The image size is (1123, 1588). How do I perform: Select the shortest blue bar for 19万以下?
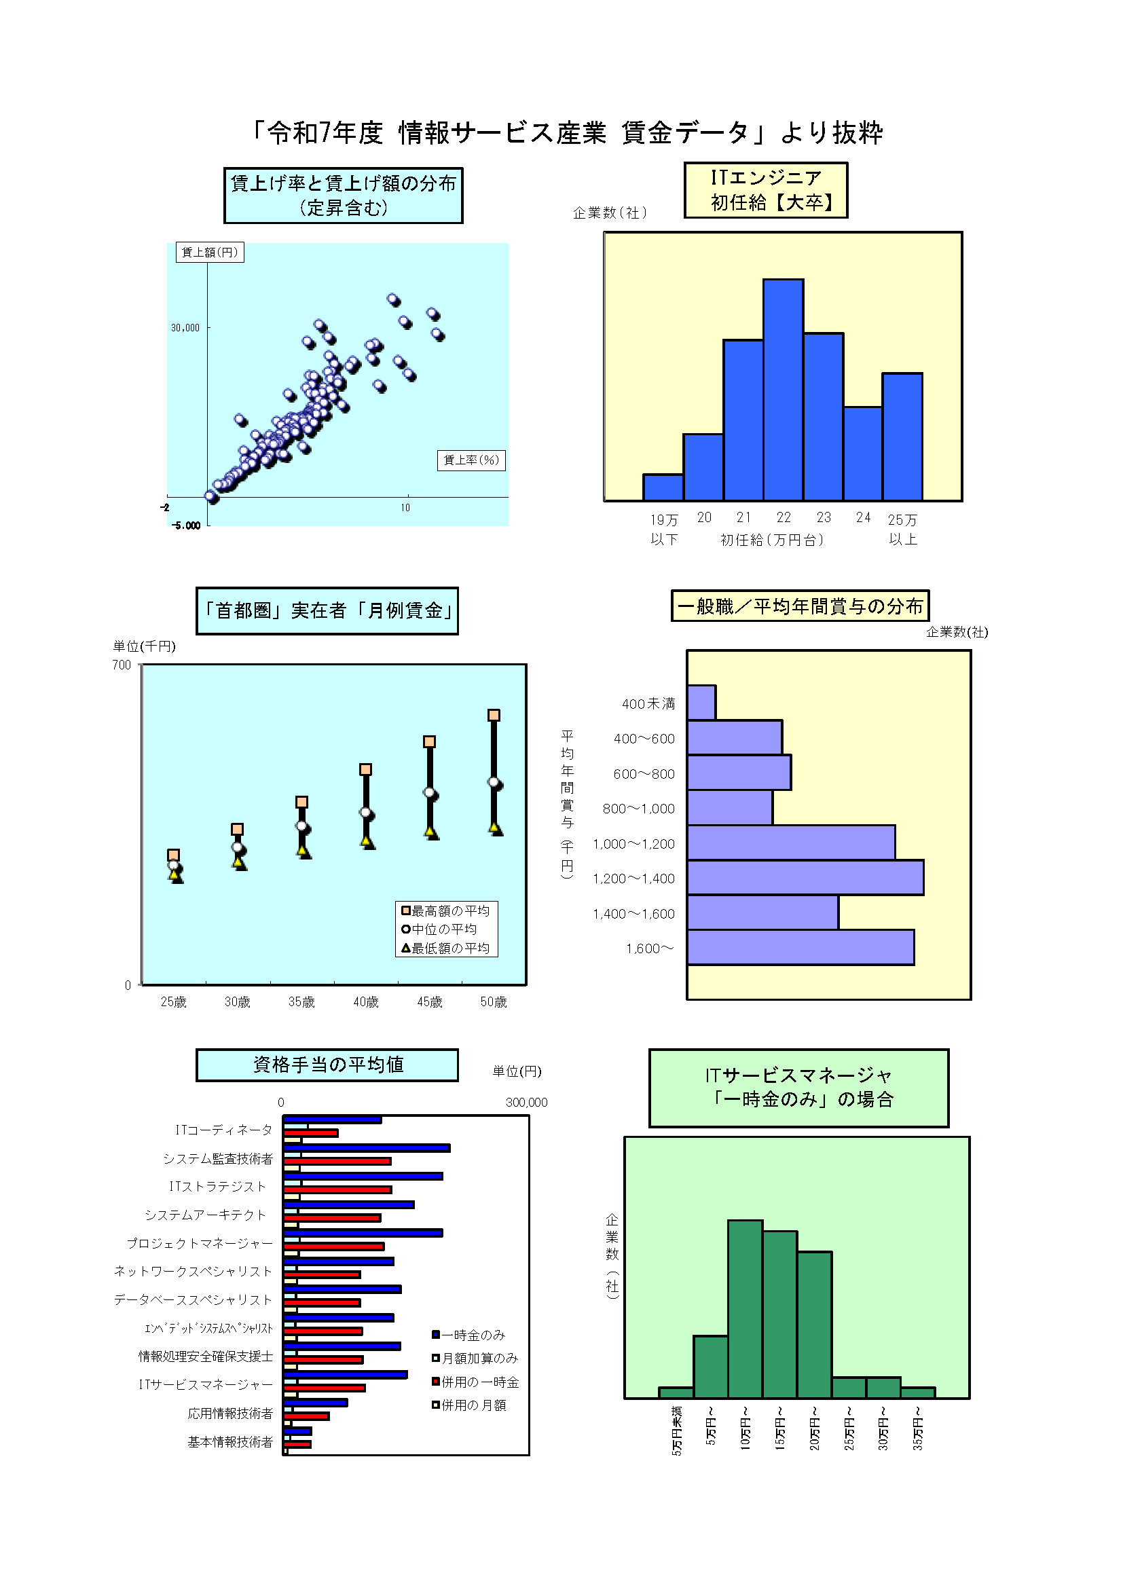tap(663, 487)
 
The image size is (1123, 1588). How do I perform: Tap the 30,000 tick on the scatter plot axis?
tap(185, 328)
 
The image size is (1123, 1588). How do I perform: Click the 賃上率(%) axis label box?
tap(471, 460)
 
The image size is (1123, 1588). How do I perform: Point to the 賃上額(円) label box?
tap(210, 253)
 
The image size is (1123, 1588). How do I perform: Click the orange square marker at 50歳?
tap(494, 715)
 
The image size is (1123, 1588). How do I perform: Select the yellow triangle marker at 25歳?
tap(175, 875)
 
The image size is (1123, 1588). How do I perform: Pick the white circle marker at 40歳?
tap(366, 812)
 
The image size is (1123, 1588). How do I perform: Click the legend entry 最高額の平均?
tap(447, 911)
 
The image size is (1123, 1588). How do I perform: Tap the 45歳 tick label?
tap(429, 1002)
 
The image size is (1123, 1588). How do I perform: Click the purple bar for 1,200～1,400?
tap(805, 878)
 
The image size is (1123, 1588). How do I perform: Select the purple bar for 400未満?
tap(701, 703)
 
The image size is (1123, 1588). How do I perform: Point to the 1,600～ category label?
tap(649, 948)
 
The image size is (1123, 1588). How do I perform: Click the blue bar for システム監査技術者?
tap(367, 1148)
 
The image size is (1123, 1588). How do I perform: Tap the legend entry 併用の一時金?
tap(477, 1382)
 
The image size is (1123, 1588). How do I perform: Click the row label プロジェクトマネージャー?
tap(200, 1244)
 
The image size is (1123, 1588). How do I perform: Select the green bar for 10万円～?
tap(745, 1308)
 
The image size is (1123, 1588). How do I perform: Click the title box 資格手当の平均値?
tap(327, 1065)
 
